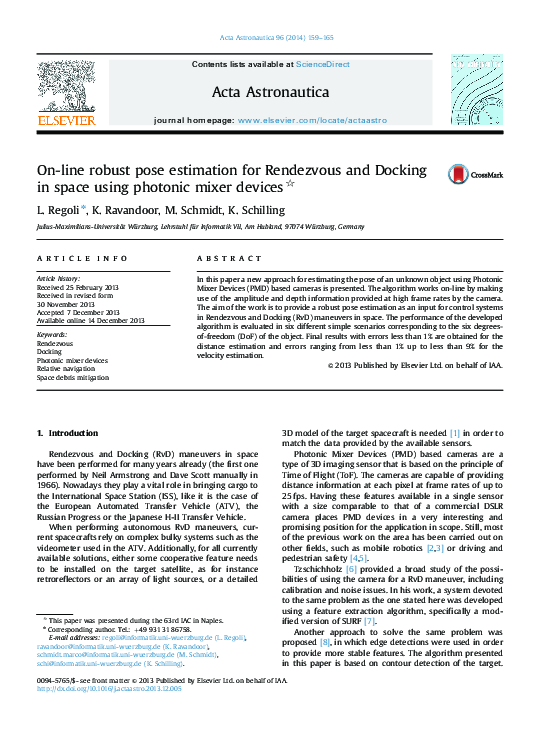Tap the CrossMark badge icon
pyautogui.click(x=460, y=174)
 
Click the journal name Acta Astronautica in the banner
pyautogui.click(x=271, y=92)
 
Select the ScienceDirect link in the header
pyautogui.click(x=322, y=64)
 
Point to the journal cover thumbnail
pyautogui.click(x=476, y=89)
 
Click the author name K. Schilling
pyautogui.click(x=258, y=210)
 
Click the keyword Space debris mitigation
pyautogui.click(x=73, y=378)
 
